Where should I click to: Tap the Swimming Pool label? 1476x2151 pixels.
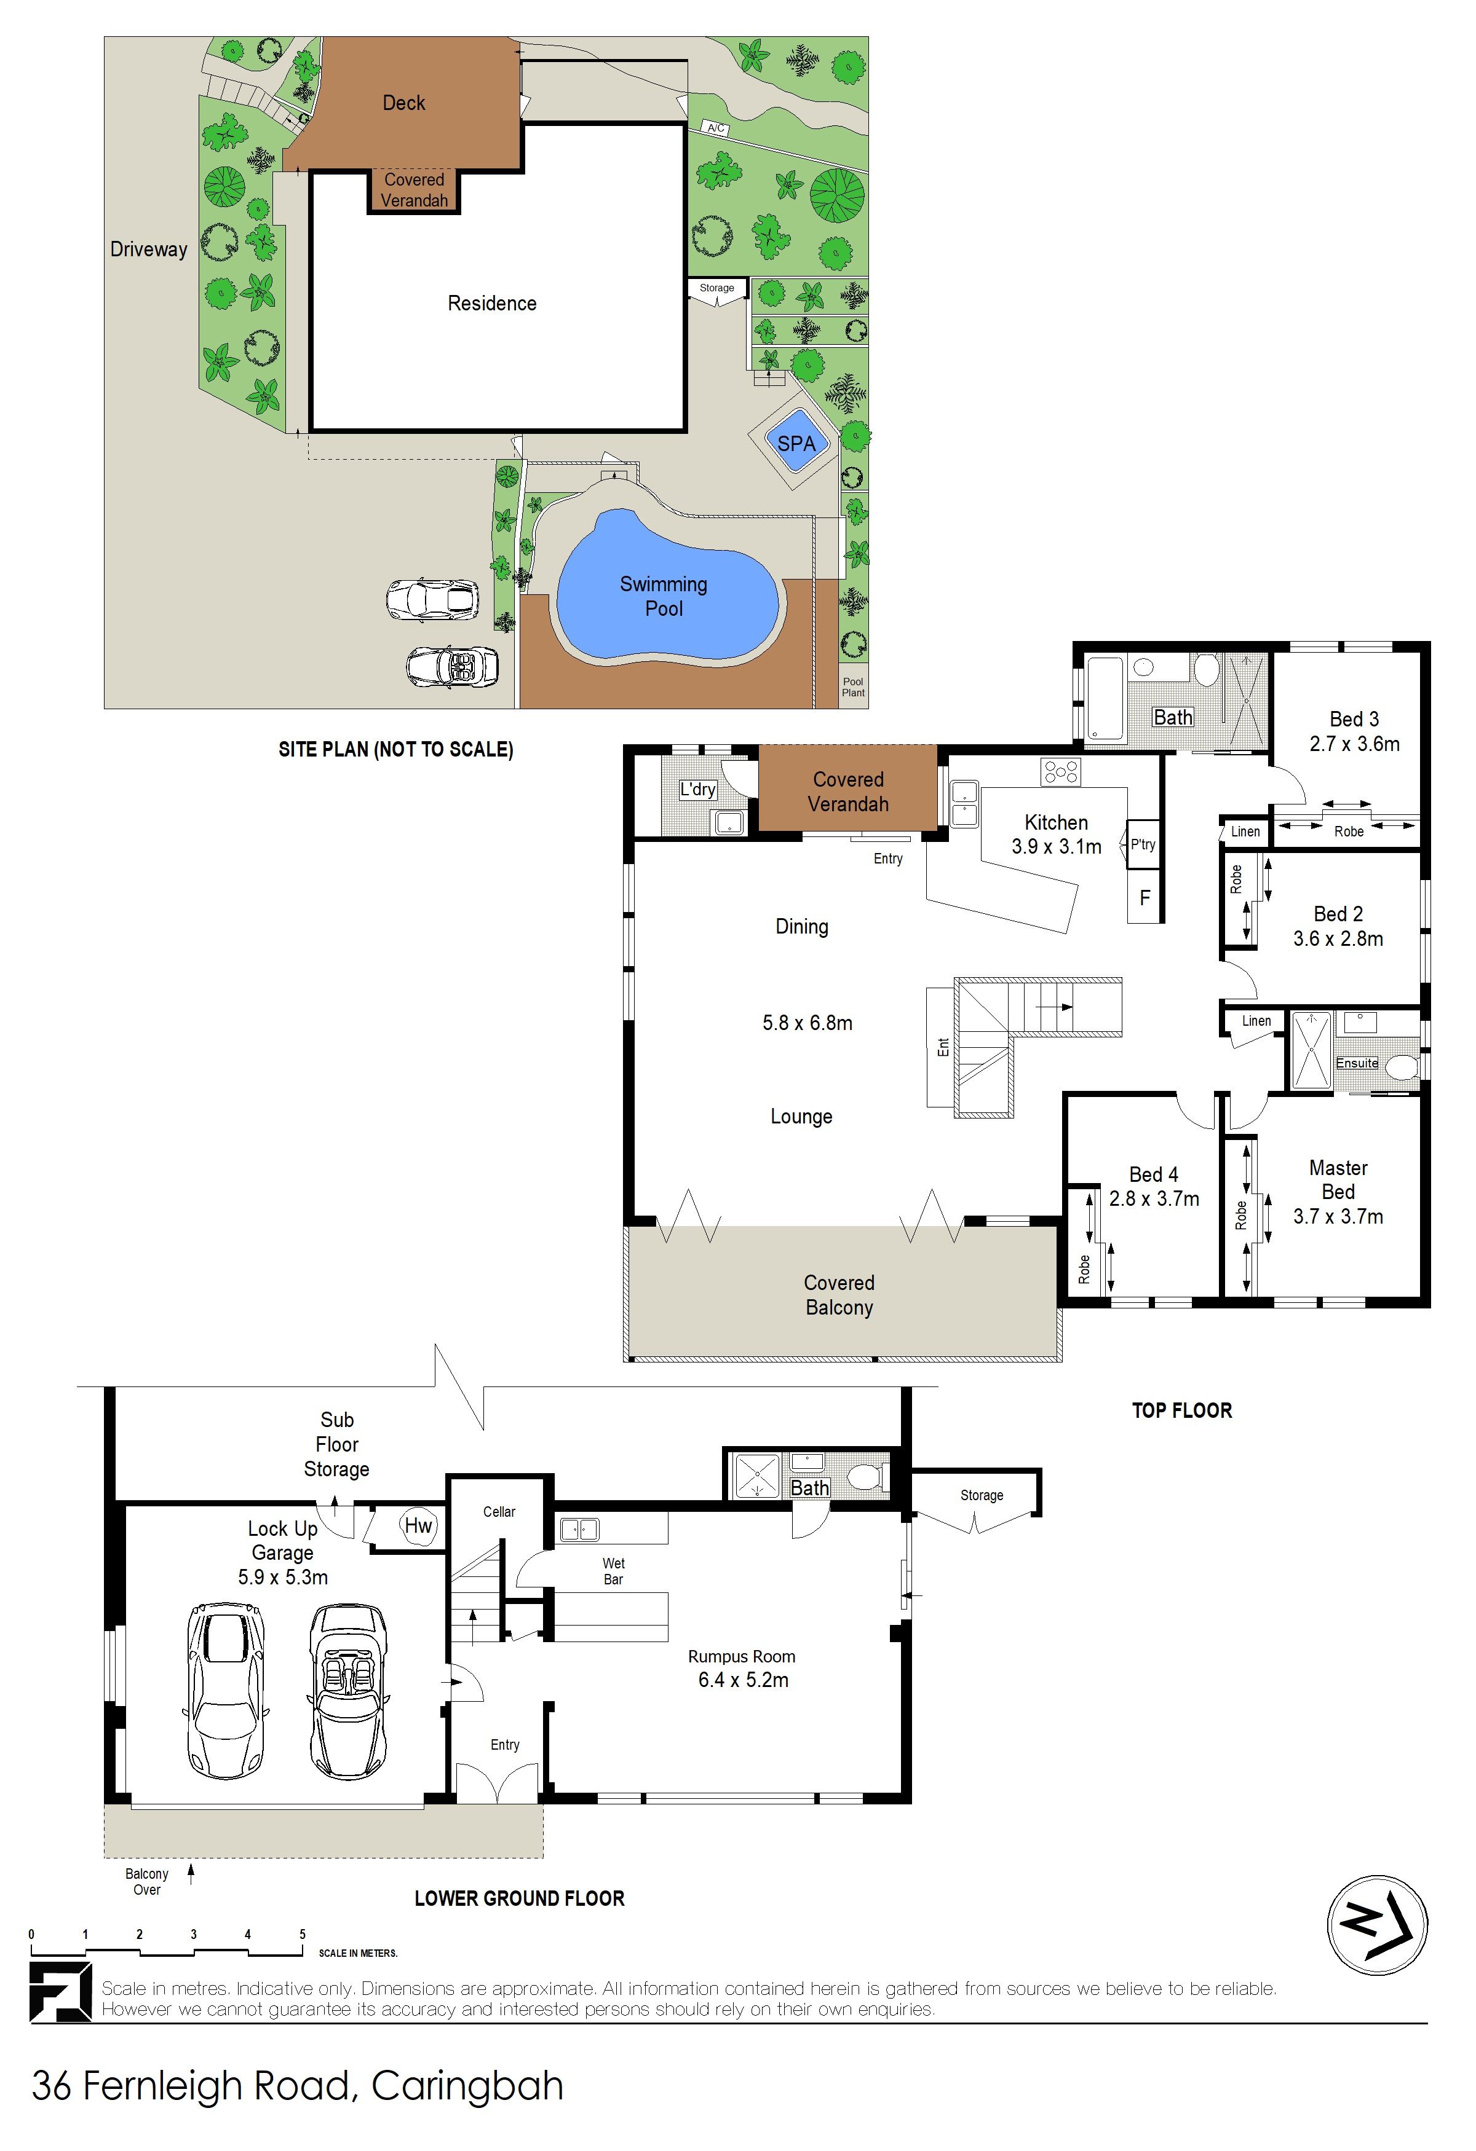coord(664,596)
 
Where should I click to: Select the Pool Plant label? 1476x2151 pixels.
coord(853,686)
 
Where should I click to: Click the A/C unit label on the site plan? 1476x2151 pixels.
coord(716,128)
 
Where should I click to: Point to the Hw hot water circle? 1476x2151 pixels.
coord(419,1525)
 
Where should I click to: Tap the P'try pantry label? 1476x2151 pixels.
coord(1143,844)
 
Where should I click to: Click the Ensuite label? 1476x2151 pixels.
coord(1357,1063)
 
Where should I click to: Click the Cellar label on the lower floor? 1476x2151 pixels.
coord(499,1511)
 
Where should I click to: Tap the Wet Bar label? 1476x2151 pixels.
coord(613,1571)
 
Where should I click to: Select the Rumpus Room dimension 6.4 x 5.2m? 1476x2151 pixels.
coord(744,1680)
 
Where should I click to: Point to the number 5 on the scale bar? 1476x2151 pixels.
coord(302,1933)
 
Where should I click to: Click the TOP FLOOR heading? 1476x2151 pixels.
coord(1181,1410)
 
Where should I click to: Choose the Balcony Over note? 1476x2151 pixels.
coord(146,1882)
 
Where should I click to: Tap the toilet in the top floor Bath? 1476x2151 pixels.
coord(1205,667)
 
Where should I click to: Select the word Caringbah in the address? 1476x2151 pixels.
coord(467,2086)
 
